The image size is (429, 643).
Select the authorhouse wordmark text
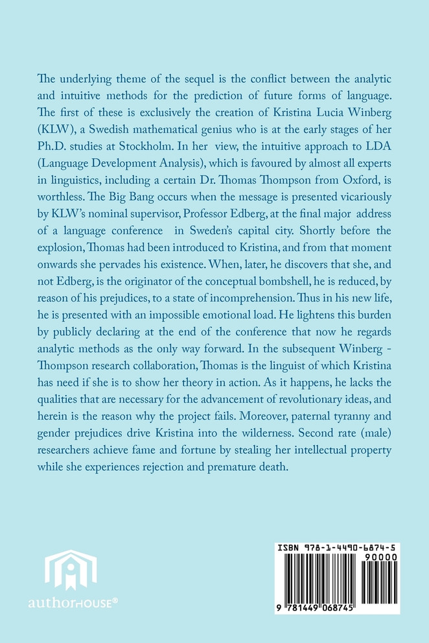(x=73, y=603)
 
